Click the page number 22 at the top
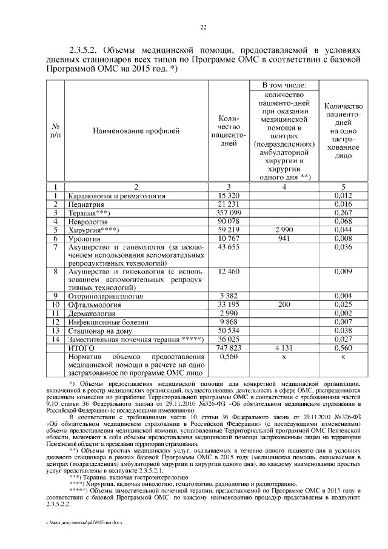(x=204, y=27)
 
